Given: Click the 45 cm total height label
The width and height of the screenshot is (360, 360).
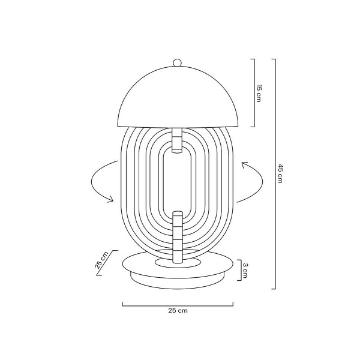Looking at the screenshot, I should pos(280,174).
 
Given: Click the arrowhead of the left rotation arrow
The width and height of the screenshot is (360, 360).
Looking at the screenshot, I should pos(110,200).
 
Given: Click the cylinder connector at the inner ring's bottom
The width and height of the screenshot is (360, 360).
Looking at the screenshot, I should pos(177,218).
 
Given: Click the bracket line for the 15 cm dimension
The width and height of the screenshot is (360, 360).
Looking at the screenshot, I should pos(254,93).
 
